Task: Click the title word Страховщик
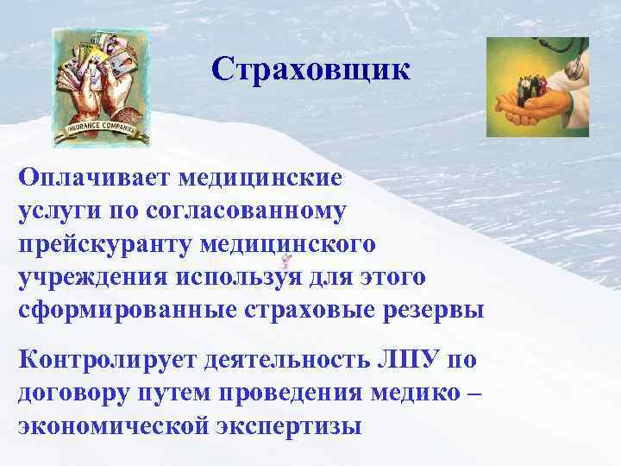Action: tap(310, 69)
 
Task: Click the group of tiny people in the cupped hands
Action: tap(529, 92)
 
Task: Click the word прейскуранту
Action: tap(104, 243)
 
